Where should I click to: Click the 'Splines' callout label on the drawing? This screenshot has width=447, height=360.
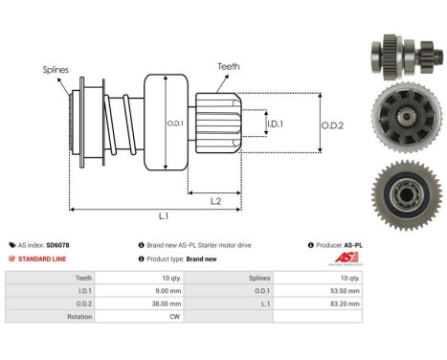(x=55, y=69)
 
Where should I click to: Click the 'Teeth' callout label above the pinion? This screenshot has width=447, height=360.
(x=228, y=67)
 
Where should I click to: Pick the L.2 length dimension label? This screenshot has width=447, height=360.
(x=216, y=199)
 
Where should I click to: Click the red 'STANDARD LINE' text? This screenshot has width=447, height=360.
(x=45, y=259)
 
